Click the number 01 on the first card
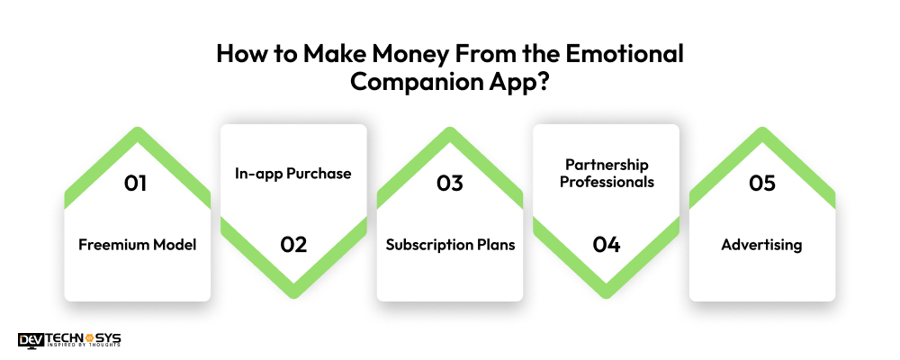(x=138, y=184)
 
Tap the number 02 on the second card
(x=293, y=244)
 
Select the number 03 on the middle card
(x=449, y=184)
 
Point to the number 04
(x=606, y=244)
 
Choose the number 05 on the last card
(x=761, y=184)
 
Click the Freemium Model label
(x=138, y=245)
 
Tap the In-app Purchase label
(x=293, y=174)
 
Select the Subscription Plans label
(x=450, y=245)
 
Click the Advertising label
(x=761, y=245)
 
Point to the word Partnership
(x=606, y=165)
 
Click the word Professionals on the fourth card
(x=606, y=182)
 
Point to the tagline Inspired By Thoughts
(x=83, y=347)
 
